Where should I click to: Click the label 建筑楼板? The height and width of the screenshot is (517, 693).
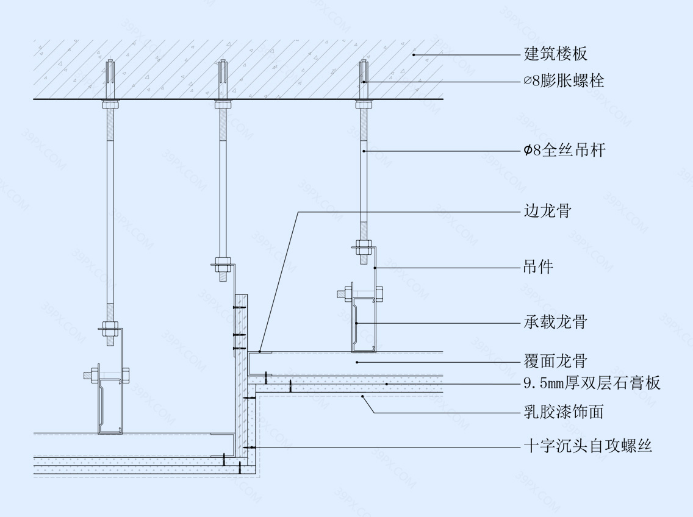coord(556,54)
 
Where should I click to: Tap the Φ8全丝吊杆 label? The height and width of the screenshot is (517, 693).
coord(564,150)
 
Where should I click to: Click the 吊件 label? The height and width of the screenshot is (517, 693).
coord(539,267)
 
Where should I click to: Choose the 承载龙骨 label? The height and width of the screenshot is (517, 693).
coord(555,322)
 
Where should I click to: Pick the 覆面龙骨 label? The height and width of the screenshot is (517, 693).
coord(555,361)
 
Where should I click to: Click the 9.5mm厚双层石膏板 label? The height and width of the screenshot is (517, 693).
coord(592,383)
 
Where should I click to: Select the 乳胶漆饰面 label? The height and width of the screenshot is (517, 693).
coord(564,412)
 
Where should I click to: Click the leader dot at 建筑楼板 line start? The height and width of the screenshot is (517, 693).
coord(414,54)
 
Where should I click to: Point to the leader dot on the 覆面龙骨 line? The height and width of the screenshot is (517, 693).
coord(357,361)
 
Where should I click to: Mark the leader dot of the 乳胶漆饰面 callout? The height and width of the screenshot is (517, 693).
coord(364,397)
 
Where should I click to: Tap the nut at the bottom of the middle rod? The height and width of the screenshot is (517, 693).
coord(222,266)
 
